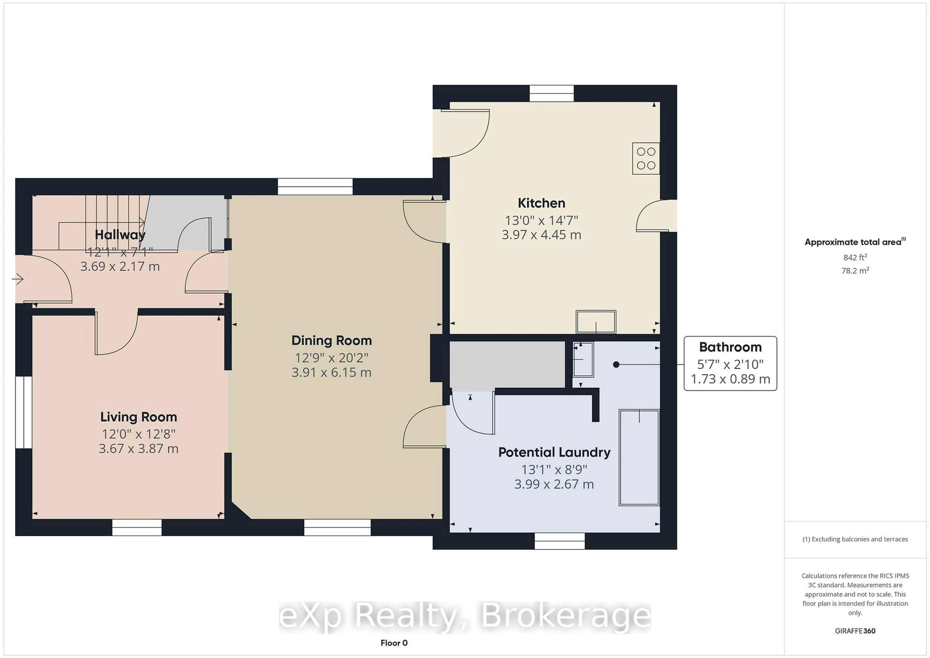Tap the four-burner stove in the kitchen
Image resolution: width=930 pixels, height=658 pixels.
tap(646, 158)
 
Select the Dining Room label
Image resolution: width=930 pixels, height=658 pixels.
tap(331, 341)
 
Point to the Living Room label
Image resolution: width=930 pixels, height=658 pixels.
tap(139, 417)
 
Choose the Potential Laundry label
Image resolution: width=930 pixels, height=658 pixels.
tap(554, 452)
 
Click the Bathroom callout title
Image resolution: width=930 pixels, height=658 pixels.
tap(730, 347)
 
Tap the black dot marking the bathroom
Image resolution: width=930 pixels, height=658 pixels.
tap(616, 365)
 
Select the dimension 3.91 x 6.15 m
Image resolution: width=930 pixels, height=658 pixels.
tap(331, 372)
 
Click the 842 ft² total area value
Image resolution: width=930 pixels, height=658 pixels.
tap(855, 257)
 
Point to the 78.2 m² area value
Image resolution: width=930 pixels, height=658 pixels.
tap(855, 270)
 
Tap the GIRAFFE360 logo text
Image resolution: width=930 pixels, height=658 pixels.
tap(855, 631)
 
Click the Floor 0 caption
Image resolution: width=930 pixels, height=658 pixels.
tap(394, 643)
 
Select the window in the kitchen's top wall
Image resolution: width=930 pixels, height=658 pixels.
tap(552, 93)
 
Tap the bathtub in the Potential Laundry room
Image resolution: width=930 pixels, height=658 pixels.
tap(639, 457)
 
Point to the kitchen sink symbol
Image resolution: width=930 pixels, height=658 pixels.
tap(596, 322)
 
